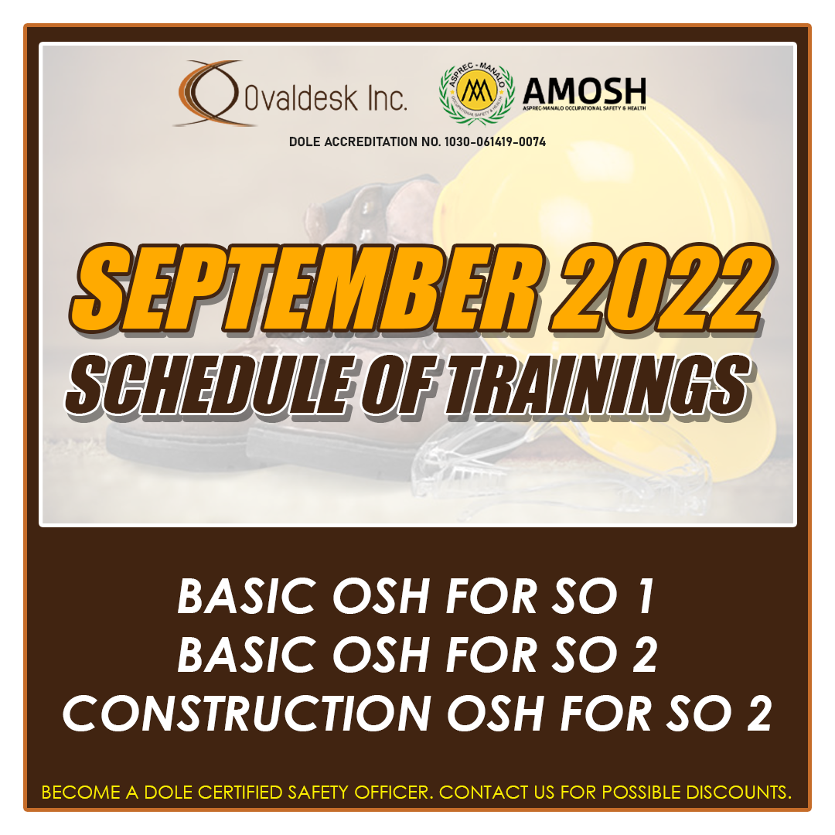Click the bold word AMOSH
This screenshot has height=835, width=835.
coord(584,92)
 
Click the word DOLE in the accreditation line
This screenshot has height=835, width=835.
coord(307,142)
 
